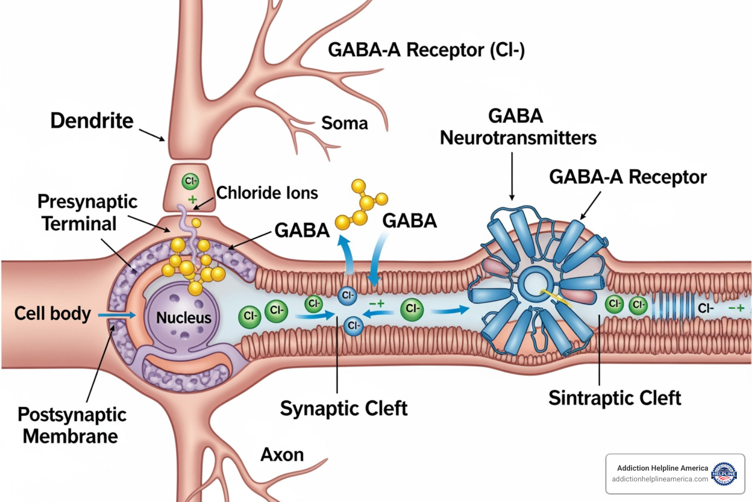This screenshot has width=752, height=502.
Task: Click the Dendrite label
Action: pos(92,121)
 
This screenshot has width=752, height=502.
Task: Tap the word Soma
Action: pos(344,123)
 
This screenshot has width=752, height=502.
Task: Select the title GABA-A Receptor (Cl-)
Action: pos(426,50)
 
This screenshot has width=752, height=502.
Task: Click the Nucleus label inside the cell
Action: pos(184,318)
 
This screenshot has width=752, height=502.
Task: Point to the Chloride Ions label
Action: pos(267,193)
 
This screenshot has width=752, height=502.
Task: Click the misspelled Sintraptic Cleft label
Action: pos(614,398)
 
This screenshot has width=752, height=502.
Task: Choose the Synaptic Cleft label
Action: pos(344,408)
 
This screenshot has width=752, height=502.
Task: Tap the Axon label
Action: pos(282,455)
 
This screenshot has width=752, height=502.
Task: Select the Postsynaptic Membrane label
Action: pos(71,425)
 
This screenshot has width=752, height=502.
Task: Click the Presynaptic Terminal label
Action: pos(87,212)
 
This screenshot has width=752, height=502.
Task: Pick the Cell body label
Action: pos(52,314)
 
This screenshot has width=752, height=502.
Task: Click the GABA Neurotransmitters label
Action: pos(517,127)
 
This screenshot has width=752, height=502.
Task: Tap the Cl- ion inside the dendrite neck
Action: pos(190,181)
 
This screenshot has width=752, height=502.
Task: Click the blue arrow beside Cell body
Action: pos(117,315)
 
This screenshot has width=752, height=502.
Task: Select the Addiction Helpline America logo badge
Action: pos(724,474)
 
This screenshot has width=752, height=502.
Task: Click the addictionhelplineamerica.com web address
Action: pos(659,479)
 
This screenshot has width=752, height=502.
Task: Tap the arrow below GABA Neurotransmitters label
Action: pos(512,176)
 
